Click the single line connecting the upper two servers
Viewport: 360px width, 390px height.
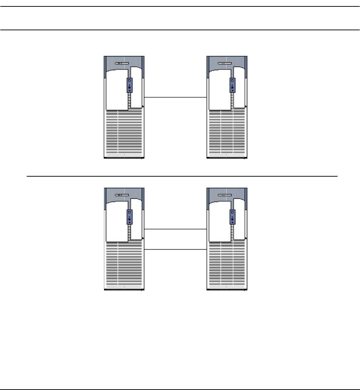coord(175,97)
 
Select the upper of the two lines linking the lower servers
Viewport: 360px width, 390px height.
coord(175,229)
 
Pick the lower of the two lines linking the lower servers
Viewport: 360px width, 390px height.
coord(175,250)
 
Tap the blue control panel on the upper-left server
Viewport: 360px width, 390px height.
coord(129,85)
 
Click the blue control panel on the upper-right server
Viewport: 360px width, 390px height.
coord(232,85)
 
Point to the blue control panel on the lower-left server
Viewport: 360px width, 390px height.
coord(129,217)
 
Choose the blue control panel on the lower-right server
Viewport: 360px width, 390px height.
coord(232,217)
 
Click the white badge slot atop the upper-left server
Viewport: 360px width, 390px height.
coord(123,63)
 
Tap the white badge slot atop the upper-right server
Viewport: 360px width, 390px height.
coord(226,63)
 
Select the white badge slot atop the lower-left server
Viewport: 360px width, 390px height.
coord(123,195)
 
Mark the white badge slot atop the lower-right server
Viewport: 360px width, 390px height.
coord(226,195)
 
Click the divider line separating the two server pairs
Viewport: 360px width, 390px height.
coord(182,176)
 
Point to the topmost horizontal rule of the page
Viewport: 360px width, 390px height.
coord(180,6)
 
